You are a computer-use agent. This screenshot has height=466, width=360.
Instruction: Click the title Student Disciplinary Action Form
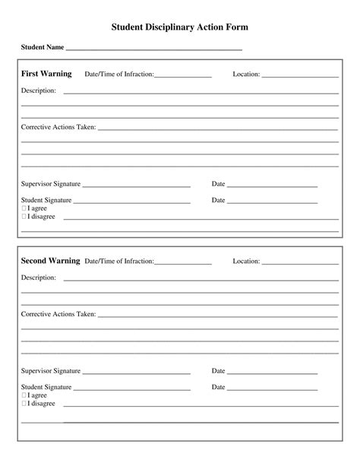point(180,27)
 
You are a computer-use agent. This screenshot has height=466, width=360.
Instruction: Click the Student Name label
point(43,48)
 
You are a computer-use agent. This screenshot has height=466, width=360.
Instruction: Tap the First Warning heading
point(46,74)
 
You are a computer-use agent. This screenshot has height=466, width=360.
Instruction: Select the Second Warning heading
point(50,261)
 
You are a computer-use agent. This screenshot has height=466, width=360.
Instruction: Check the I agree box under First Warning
point(24,208)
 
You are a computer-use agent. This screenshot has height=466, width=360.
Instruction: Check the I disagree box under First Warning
point(24,217)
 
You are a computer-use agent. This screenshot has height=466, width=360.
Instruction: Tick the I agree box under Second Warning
point(24,395)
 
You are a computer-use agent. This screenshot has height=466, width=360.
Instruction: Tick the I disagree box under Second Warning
point(24,404)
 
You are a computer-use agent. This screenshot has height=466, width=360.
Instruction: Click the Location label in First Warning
point(246,74)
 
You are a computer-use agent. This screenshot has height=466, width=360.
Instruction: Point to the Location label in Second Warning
point(246,262)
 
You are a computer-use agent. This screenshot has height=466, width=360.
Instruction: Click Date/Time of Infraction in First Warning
point(119,74)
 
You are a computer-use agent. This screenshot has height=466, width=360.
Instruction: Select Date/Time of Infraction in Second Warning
point(119,262)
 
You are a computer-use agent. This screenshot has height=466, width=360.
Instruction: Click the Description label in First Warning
point(39,91)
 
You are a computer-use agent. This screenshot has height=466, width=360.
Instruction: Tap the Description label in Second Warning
point(39,278)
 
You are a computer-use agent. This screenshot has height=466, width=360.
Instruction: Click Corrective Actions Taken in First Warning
point(58,127)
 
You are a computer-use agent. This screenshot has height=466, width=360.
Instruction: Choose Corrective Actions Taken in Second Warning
point(58,314)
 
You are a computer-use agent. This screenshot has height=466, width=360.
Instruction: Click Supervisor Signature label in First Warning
point(51,184)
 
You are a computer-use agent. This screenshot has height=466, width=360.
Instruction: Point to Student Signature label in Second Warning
point(46,387)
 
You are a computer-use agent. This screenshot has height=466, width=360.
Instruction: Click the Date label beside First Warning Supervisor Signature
point(218,184)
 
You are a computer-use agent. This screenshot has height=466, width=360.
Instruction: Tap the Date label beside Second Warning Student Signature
point(218,387)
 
